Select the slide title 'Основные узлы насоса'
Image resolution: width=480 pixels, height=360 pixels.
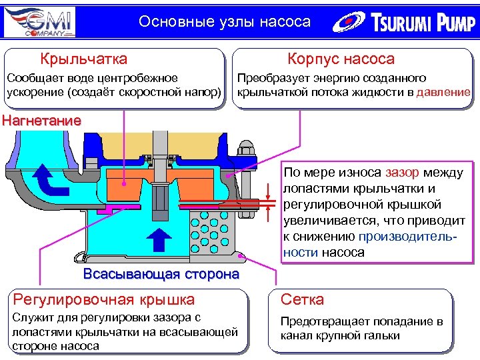(225, 22)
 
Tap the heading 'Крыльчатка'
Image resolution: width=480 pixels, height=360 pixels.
(83, 59)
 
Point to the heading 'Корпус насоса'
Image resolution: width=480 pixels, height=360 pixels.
(341, 59)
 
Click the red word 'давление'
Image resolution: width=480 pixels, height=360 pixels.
(443, 92)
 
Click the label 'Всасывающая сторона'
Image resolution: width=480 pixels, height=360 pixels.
(161, 275)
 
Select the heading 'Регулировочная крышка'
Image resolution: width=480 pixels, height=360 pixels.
(105, 300)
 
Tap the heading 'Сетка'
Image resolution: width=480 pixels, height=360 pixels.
(302, 300)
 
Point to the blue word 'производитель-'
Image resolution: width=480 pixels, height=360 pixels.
(410, 237)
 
